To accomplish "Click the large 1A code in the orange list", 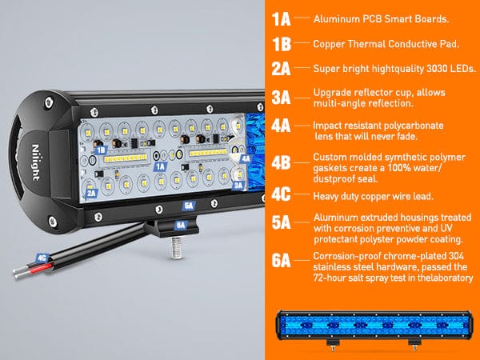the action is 281,19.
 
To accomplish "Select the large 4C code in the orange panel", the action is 281,194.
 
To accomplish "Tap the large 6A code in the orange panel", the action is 281,261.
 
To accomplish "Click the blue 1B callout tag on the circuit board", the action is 101,150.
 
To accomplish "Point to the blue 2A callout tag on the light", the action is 91,193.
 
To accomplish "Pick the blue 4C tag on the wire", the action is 42,258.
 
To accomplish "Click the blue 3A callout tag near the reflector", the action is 238,186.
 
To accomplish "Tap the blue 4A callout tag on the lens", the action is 246,158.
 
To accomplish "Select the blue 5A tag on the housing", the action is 189,206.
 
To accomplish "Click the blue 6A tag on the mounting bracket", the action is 181,226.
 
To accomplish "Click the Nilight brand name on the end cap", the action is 36,162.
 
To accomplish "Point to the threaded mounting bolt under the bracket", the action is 178,247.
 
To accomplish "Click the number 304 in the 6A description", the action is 457,256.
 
